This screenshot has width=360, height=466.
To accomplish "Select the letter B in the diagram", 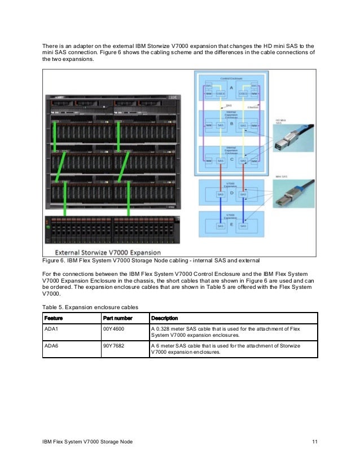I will [x=231, y=123].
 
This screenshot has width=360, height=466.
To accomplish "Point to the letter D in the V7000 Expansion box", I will [x=231, y=194].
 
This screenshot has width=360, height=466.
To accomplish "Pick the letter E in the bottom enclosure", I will [x=231, y=224].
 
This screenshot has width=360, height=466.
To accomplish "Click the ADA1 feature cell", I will [x=51, y=328].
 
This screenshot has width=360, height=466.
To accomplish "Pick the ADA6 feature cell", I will [x=51, y=345].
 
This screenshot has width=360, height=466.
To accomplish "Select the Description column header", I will [x=165, y=318].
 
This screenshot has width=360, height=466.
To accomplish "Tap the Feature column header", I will [x=54, y=318].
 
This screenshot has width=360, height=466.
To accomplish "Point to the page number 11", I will [x=314, y=441].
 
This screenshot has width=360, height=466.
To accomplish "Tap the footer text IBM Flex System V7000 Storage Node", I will [x=87, y=441].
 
